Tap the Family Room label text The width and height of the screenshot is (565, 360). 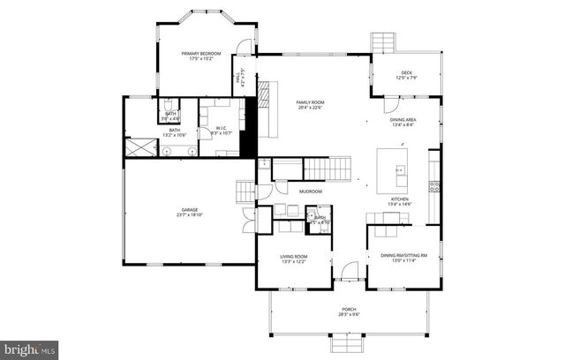click(x=312, y=107)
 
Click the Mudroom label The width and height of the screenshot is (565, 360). click(x=310, y=191)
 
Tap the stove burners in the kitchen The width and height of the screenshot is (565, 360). click(x=433, y=185)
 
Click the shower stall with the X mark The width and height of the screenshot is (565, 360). click(x=138, y=148)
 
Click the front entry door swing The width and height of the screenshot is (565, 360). click(x=350, y=273)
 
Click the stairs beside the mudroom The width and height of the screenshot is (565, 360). click(x=328, y=167)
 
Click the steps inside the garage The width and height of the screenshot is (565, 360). click(x=245, y=191)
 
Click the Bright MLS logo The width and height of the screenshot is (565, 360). click(x=29, y=349)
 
